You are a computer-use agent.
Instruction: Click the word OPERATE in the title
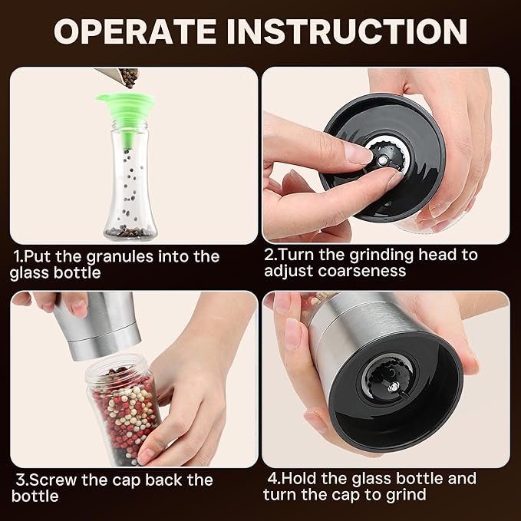click(x=135, y=31)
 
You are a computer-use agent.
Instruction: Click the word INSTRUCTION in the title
click(x=347, y=31)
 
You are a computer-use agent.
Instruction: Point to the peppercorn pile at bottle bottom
click(x=130, y=231)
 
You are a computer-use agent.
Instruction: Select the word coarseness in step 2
click(x=362, y=271)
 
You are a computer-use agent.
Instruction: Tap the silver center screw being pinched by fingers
click(x=382, y=161)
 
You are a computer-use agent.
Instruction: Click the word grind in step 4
click(x=406, y=496)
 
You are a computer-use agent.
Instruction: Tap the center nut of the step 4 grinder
click(x=394, y=387)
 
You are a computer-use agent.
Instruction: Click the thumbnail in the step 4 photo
click(x=293, y=335)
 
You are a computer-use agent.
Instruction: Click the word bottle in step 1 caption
click(x=77, y=273)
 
